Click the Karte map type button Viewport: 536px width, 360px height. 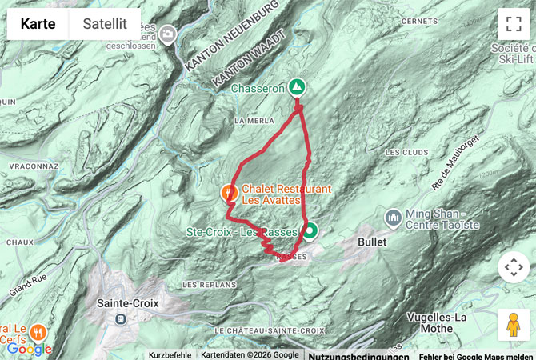[38, 24]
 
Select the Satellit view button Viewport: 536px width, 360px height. [104, 24]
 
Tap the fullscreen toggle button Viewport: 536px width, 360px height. [513, 24]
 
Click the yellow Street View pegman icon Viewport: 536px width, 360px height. [513, 324]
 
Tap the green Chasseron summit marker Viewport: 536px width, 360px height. [298, 86]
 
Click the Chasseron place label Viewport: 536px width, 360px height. [258, 89]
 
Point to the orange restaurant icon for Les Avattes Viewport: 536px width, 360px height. [229, 192]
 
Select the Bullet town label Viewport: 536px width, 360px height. [373, 242]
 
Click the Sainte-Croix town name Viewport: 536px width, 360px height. [128, 303]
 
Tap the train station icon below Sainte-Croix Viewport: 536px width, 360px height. [121, 318]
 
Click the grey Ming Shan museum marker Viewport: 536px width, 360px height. [393, 217]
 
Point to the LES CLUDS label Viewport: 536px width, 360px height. [402, 152]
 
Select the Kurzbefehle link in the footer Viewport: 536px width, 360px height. [170, 354]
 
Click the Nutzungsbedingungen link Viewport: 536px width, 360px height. [358, 355]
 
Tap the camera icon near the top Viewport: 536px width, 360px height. [168, 34]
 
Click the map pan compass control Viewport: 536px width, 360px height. [513, 267]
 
